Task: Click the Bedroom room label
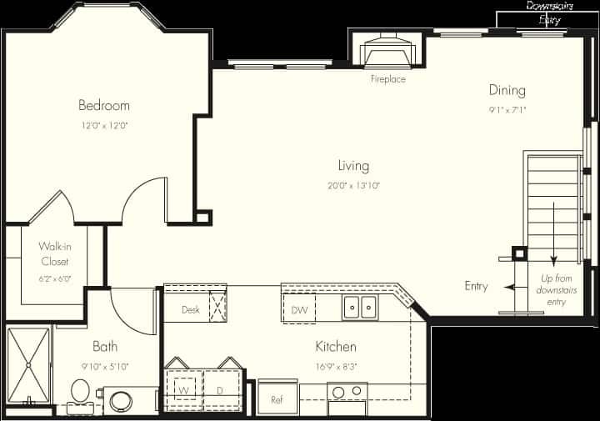tap(103, 105)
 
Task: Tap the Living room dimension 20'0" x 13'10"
tap(353, 186)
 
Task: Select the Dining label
tap(507, 90)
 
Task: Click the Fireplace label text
tap(388, 79)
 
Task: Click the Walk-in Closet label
tap(53, 254)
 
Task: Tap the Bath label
tap(105, 346)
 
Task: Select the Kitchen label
tap(336, 346)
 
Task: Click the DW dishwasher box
tap(299, 310)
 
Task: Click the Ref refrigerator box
tap(277, 398)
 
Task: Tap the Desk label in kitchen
tap(190, 310)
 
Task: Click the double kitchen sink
tap(360, 308)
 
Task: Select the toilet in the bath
tap(81, 391)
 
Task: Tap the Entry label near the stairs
tap(476, 286)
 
